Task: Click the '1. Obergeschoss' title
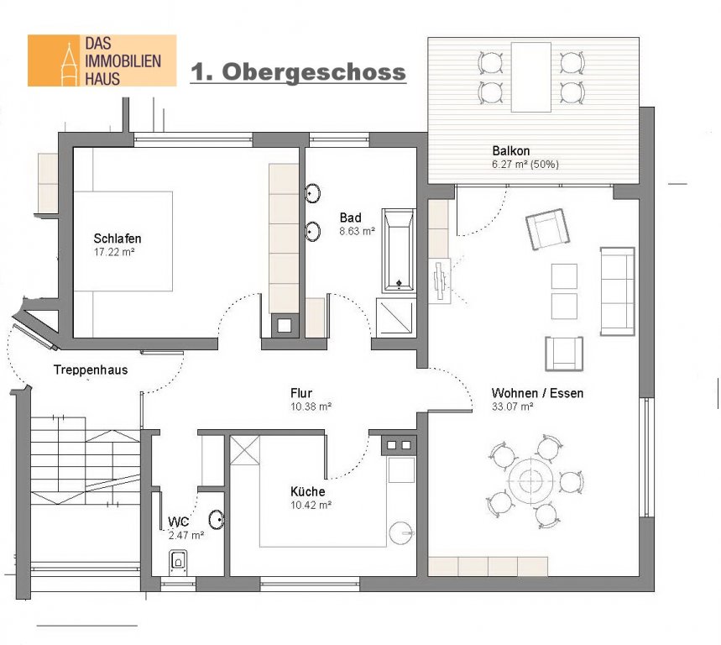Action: click(x=299, y=72)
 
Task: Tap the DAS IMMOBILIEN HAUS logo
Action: click(x=102, y=60)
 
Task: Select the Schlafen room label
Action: click(x=118, y=239)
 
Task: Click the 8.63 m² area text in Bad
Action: click(x=358, y=231)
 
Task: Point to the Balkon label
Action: click(x=511, y=150)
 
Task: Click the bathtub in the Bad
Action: click(x=399, y=250)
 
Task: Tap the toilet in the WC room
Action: click(x=178, y=561)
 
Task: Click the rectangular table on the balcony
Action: click(x=531, y=76)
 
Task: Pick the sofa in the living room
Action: click(x=618, y=291)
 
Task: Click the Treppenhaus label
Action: click(x=91, y=370)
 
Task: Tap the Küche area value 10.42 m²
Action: click(x=311, y=505)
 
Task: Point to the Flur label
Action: click(x=301, y=393)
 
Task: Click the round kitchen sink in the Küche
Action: click(x=402, y=533)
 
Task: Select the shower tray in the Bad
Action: click(x=396, y=317)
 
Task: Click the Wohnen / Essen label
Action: click(x=537, y=393)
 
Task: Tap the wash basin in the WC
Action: click(x=216, y=519)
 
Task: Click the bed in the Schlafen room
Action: click(x=123, y=241)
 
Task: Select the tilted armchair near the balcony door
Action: click(x=547, y=229)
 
